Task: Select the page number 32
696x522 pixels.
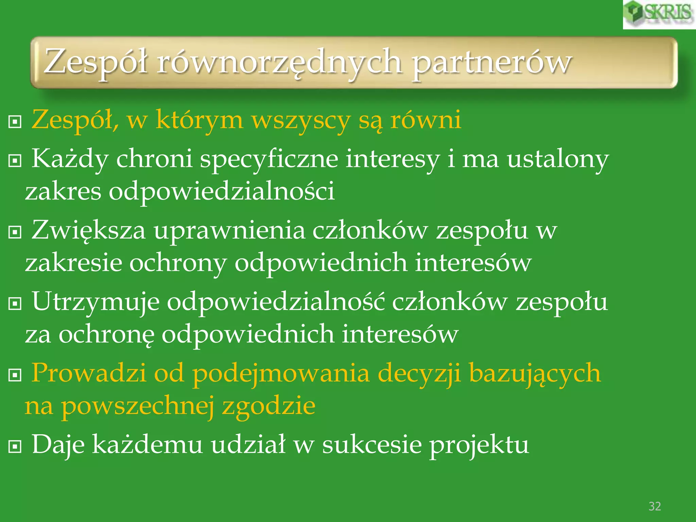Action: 655,506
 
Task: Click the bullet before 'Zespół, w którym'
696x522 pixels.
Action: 15,121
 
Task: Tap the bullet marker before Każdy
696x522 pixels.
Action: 15,160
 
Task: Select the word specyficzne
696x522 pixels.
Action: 269,160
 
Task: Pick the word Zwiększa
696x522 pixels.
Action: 89,231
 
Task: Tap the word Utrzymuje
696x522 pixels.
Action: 95,302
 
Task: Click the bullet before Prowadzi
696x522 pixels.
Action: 15,375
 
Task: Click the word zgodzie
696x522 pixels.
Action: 268,406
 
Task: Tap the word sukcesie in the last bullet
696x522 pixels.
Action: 372,445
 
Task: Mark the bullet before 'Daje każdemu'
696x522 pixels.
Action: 15,446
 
